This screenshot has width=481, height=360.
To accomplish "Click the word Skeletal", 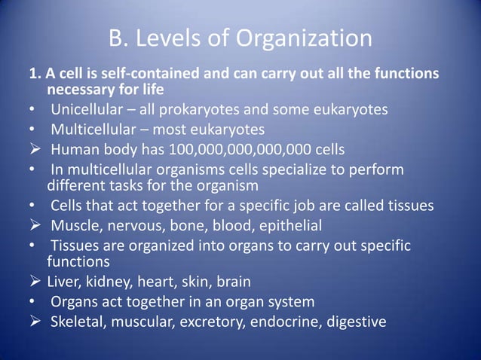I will pos(80,322).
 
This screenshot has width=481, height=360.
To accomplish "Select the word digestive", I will pos(353,322).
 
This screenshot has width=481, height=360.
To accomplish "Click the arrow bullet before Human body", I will pos(35,148).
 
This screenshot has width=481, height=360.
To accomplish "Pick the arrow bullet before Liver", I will pos(35,282).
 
